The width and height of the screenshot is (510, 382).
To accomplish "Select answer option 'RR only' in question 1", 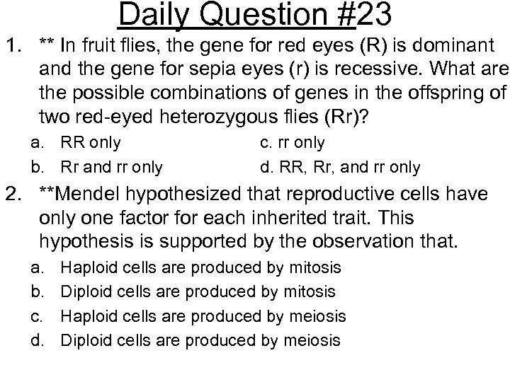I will pyautogui.click(x=91, y=143).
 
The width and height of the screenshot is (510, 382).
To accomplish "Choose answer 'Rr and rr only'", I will pyautogui.click(x=111, y=168).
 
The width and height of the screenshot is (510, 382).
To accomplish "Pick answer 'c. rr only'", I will pyautogui.click(x=292, y=143).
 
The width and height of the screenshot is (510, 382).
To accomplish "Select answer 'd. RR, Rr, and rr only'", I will pyautogui.click(x=339, y=168).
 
